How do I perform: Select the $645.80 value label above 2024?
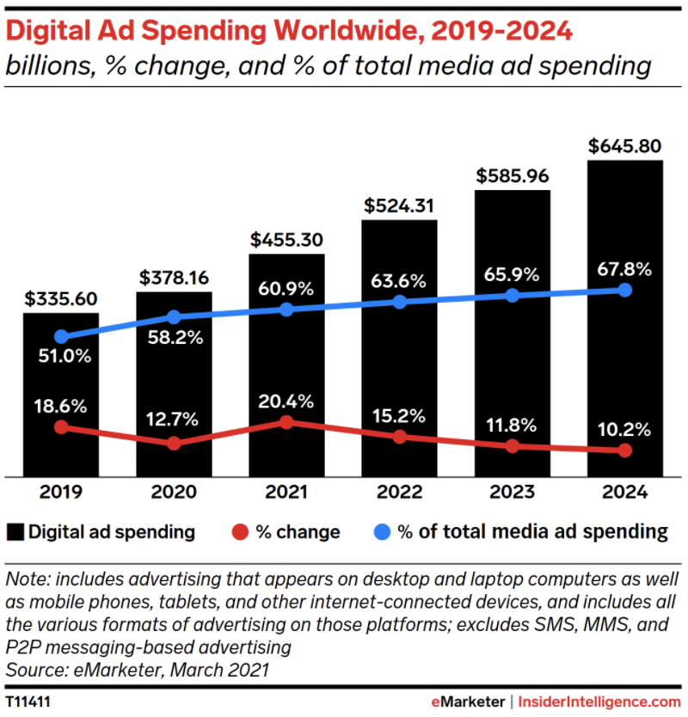tap(625, 146)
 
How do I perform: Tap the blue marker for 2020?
tap(174, 317)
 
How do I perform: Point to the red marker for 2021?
tap(286, 422)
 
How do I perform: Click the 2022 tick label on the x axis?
tap(399, 493)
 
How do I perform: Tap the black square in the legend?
tap(15, 531)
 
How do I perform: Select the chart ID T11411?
tap(28, 702)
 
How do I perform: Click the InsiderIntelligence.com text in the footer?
tap(602, 702)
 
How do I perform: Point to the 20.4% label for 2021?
tap(286, 401)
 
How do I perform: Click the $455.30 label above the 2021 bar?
tap(286, 240)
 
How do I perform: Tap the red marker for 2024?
tap(625, 450)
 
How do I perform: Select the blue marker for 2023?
tap(513, 295)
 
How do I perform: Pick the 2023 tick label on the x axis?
tap(513, 493)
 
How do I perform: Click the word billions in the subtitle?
tap(41, 65)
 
